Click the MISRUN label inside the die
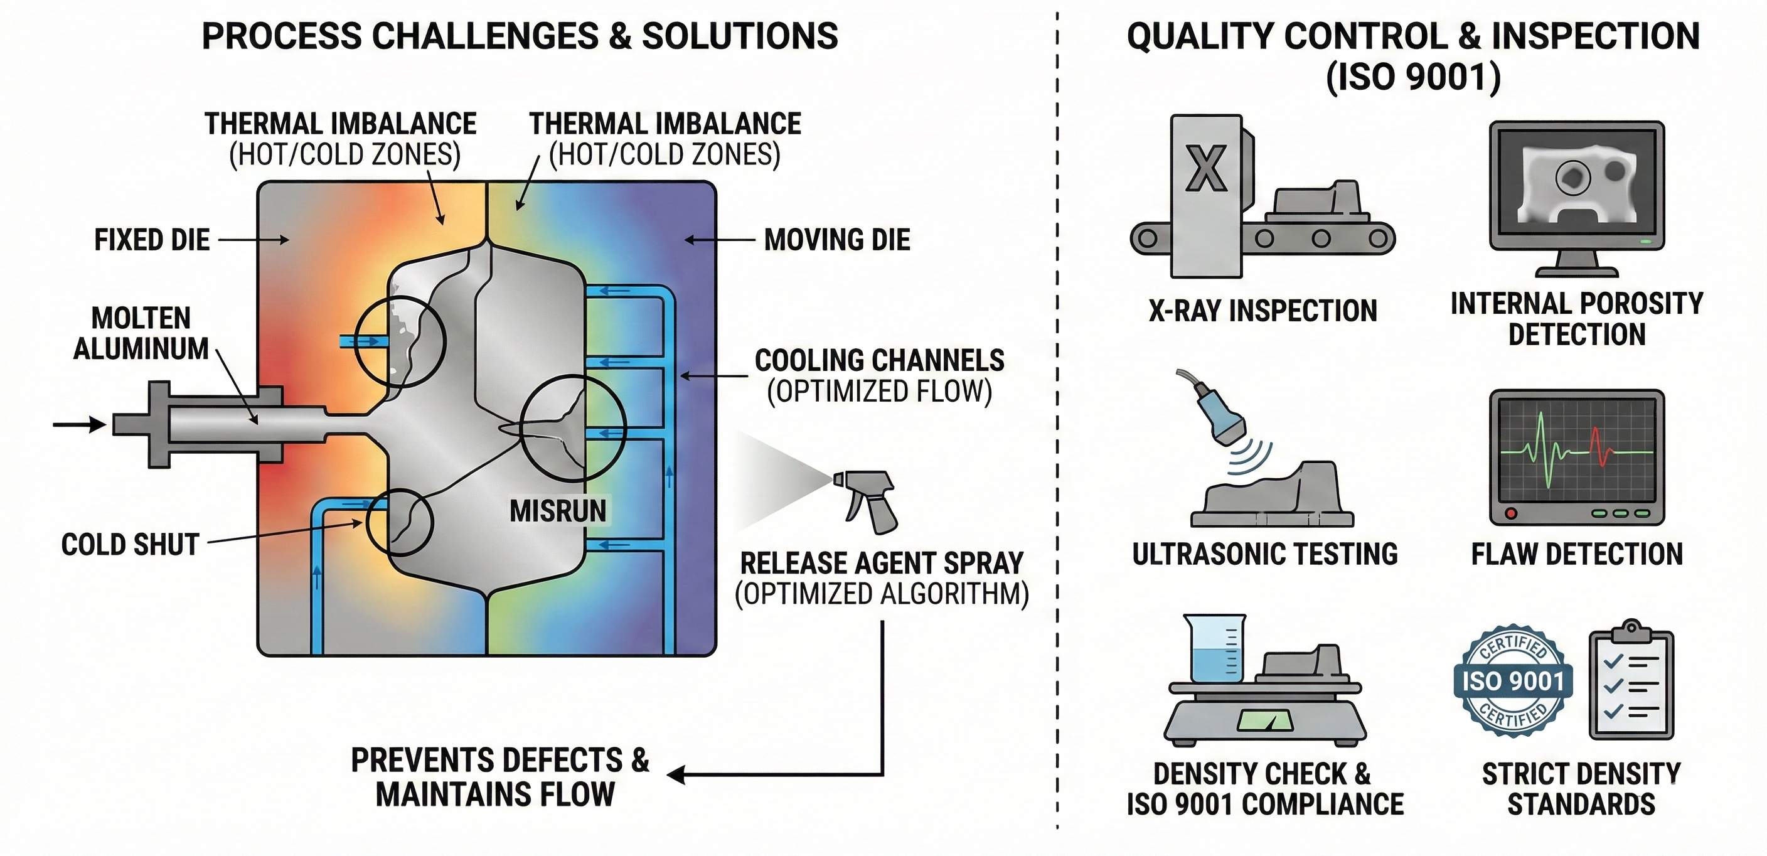[558, 511]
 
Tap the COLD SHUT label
[130, 545]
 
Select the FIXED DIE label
[152, 240]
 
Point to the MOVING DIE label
[837, 240]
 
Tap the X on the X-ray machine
[1205, 169]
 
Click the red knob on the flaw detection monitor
[1510, 514]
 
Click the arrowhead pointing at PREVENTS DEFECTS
[676, 775]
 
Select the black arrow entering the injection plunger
[79, 425]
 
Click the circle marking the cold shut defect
[400, 523]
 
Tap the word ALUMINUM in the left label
[141, 349]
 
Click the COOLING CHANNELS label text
[879, 361]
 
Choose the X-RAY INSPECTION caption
[1263, 311]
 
